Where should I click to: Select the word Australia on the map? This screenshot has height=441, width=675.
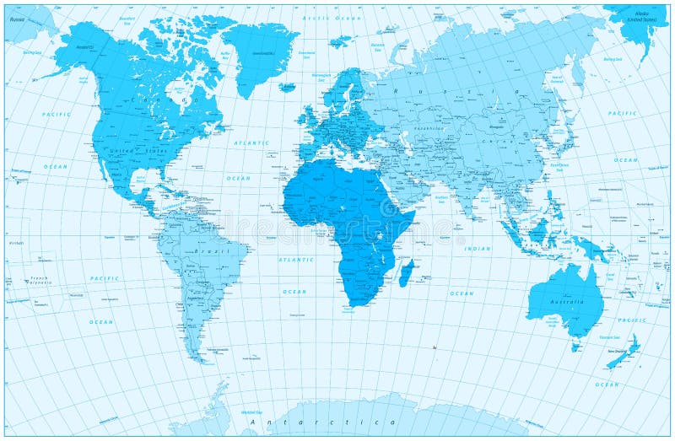click(568, 301)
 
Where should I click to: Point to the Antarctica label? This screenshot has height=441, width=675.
click(333, 421)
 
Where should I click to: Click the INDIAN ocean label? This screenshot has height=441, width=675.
click(477, 249)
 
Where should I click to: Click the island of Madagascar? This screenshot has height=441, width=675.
click(406, 272)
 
